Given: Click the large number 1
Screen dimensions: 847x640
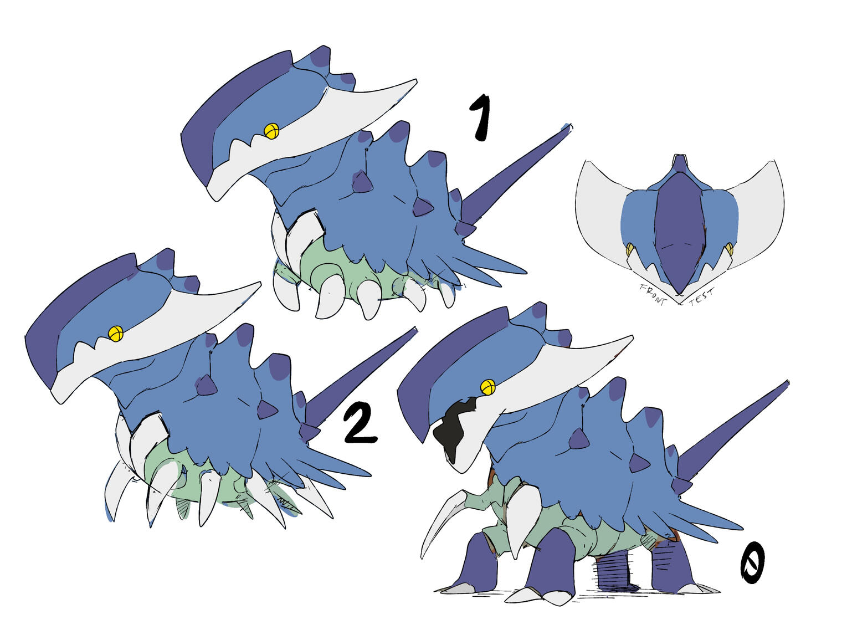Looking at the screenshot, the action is (480, 117).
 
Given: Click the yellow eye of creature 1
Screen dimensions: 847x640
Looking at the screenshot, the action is (271, 131).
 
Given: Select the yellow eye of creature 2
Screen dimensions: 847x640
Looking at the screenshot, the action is (115, 334).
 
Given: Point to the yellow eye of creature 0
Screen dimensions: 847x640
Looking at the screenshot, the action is (487, 387).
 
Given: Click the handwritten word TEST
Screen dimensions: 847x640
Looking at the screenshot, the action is (701, 296).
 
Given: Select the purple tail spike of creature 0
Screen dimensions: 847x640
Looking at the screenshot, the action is (732, 431).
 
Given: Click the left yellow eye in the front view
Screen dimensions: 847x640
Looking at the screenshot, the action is (630, 249).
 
